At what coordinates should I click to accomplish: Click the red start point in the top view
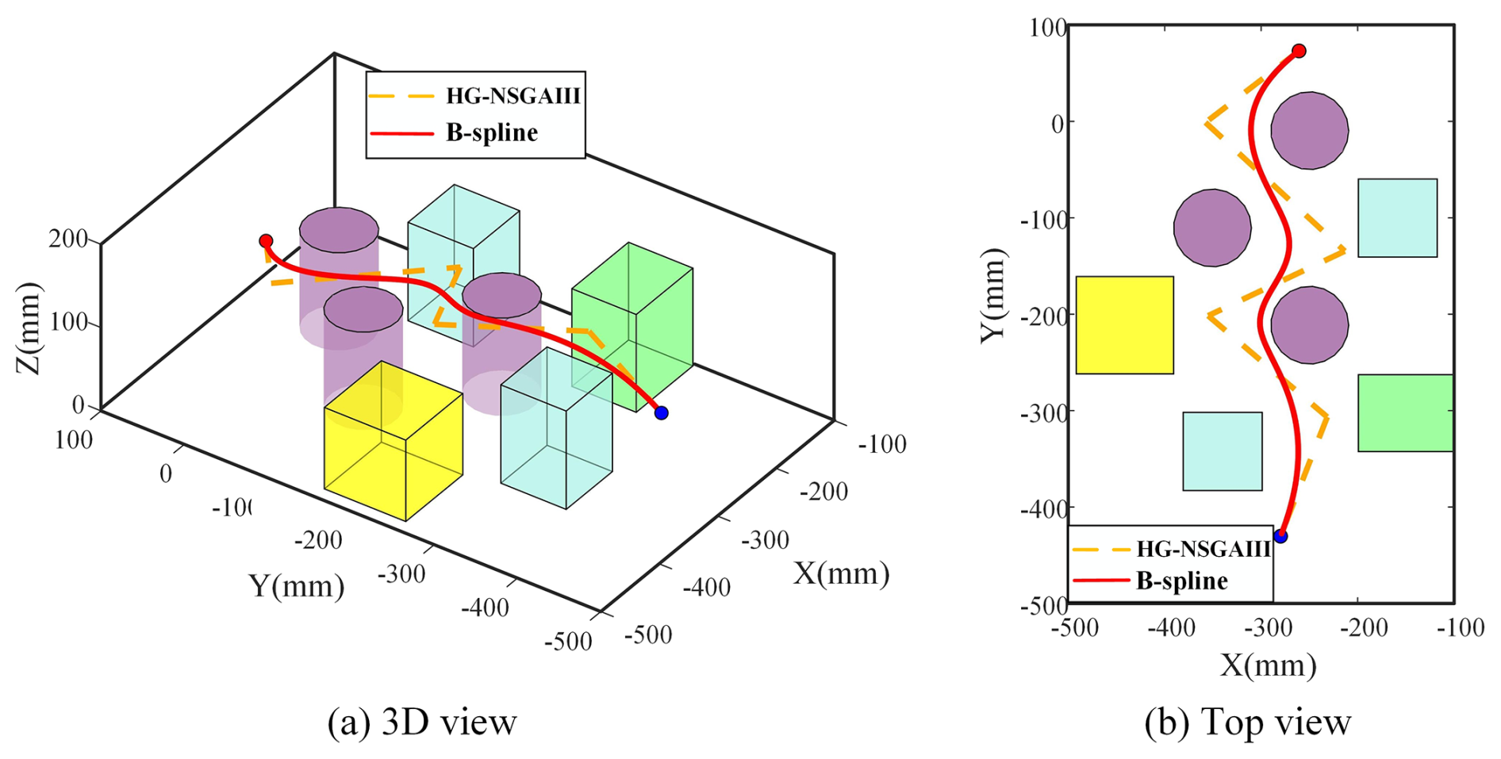pyautogui.click(x=1299, y=52)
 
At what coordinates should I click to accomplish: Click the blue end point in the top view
pyautogui.click(x=1280, y=536)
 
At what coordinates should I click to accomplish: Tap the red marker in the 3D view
pyautogui.click(x=266, y=240)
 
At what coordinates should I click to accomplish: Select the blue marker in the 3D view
pyautogui.click(x=661, y=412)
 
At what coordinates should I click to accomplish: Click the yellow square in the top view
pyautogui.click(x=1124, y=325)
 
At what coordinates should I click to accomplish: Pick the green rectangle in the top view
pyautogui.click(x=1405, y=412)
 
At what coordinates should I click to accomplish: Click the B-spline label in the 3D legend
pyautogui.click(x=492, y=132)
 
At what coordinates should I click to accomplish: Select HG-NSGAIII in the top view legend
pyautogui.click(x=1203, y=549)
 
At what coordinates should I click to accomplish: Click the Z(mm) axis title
pyautogui.click(x=29, y=328)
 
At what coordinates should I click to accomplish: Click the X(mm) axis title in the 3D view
pyautogui.click(x=841, y=573)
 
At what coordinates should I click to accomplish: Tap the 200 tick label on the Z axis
pyautogui.click(x=68, y=238)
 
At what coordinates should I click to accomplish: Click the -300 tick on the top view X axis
pyautogui.click(x=1267, y=628)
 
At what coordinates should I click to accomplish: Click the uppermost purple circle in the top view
pyautogui.click(x=1309, y=131)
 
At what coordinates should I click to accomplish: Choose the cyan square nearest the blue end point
pyautogui.click(x=1222, y=451)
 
